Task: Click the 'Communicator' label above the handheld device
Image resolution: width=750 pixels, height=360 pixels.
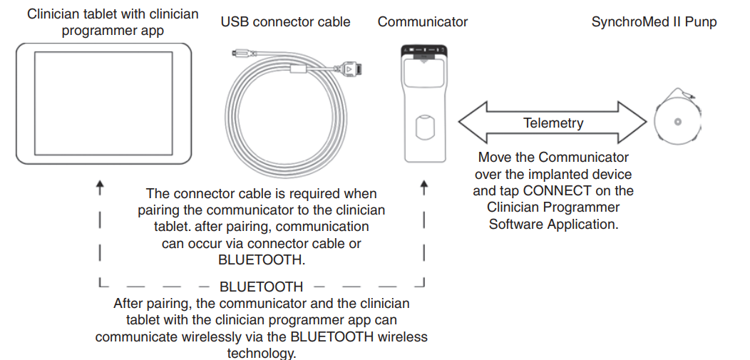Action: tap(423, 21)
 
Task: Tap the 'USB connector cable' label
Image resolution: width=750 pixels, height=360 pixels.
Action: tap(285, 21)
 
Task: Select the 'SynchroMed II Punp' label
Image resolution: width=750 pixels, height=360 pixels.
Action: tap(654, 21)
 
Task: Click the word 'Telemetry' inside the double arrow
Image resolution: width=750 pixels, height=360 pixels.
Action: tap(553, 123)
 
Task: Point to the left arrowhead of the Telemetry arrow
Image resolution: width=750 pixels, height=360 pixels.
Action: tap(471, 123)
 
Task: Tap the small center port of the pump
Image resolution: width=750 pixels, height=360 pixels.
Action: tap(677, 122)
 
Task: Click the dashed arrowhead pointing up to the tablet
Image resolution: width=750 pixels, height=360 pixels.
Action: tap(100, 189)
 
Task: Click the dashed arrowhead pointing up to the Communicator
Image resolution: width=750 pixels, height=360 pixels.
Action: tap(424, 189)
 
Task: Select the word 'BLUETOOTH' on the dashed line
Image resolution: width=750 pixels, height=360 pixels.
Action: tap(261, 287)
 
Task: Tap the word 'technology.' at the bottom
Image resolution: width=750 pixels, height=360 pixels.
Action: tap(261, 353)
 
